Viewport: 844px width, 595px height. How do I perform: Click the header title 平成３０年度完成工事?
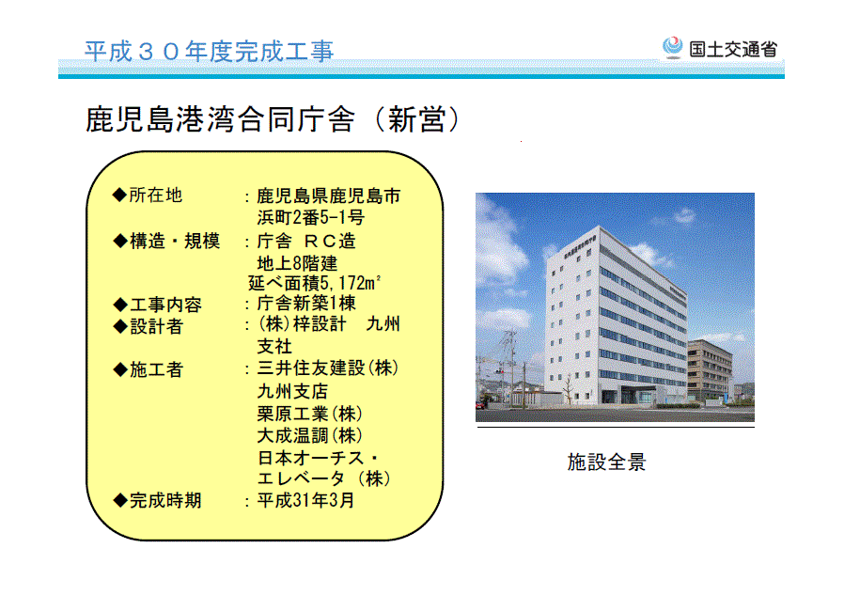(210, 52)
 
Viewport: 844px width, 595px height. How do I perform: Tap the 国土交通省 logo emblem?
(672, 47)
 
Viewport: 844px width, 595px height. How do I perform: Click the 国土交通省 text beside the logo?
(733, 50)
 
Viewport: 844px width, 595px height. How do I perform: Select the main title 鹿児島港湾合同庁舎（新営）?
(273, 119)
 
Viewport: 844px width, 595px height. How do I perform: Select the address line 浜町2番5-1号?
(310, 217)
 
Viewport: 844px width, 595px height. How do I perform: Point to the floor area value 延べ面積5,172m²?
(314, 283)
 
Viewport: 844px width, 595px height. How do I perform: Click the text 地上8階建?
(297, 263)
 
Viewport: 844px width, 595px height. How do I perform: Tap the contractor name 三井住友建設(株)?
(328, 368)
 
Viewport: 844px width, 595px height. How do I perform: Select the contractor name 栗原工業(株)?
(309, 414)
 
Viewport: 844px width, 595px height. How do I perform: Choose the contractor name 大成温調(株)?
(309, 435)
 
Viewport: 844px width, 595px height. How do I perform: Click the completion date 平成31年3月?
(305, 500)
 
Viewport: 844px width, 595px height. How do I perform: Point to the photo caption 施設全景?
(606, 462)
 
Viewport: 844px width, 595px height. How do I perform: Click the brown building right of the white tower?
(710, 371)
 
